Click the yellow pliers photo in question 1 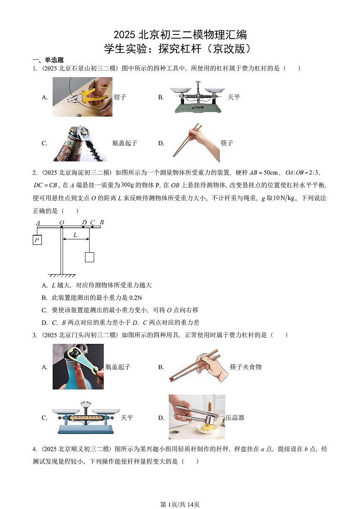click(82, 97)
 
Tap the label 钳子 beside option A click(120, 97)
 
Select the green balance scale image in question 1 click(197, 97)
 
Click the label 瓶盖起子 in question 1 click(124, 143)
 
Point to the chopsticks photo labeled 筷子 click(195, 142)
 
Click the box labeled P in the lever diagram click(37, 240)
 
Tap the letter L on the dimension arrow click(75, 235)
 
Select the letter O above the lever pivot click(61, 223)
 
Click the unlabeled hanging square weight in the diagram click(89, 257)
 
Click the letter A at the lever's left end click(38, 223)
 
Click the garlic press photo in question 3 click(197, 416)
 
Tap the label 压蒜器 click(235, 418)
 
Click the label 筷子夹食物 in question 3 click(246, 367)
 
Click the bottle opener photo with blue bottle click(78, 367)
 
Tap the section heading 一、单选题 click(48, 60)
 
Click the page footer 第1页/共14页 click(180, 504)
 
